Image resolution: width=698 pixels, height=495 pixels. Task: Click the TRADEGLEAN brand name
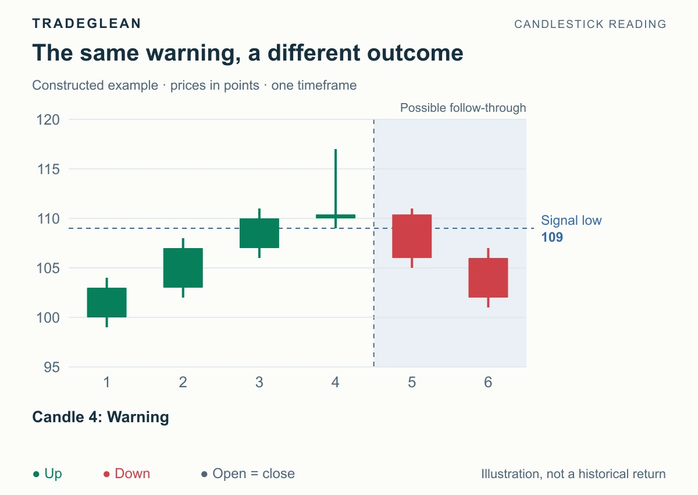tap(87, 23)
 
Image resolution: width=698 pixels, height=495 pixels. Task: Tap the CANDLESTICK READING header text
tap(590, 24)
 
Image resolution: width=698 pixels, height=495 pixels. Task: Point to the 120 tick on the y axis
tap(48, 120)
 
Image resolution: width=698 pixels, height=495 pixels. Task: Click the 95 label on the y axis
tap(52, 367)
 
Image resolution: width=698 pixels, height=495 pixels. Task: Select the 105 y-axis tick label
tap(48, 268)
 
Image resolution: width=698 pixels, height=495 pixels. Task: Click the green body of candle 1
tap(107, 303)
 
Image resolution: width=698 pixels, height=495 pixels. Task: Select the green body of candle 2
tap(183, 268)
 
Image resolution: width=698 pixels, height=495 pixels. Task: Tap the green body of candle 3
tap(259, 234)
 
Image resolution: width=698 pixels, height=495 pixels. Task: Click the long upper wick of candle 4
tap(336, 182)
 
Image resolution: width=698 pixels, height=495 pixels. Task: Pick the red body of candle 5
tap(412, 236)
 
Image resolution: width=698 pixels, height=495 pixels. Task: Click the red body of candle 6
tap(488, 278)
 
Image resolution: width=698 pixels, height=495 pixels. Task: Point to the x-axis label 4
tap(336, 383)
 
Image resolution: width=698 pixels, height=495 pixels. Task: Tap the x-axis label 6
tap(488, 383)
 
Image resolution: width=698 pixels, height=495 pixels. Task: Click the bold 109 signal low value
tap(552, 238)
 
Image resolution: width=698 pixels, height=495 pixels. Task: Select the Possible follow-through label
tap(463, 108)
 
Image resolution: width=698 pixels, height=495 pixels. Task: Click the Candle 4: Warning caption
tap(101, 417)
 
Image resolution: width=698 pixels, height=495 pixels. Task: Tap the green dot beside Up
tap(36, 475)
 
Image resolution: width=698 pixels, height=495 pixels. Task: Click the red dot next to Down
tap(106, 475)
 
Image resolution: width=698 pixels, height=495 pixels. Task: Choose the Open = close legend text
tap(254, 474)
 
